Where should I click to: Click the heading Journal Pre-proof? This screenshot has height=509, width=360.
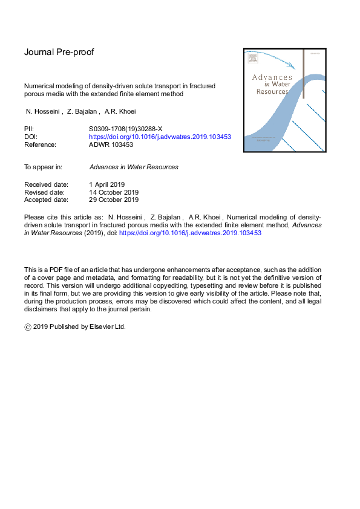(x=59, y=52)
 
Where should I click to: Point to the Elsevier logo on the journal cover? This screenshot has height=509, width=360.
(x=252, y=59)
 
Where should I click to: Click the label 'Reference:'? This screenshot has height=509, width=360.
(x=40, y=144)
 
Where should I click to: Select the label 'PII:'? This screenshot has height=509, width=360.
(x=29, y=129)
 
